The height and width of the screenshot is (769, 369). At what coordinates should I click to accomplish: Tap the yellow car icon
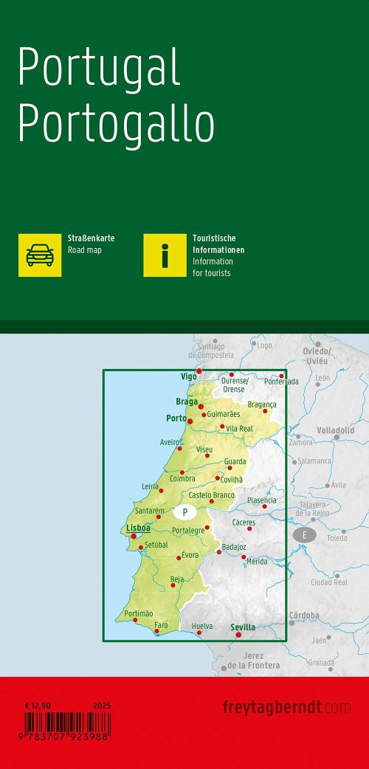pos(40,255)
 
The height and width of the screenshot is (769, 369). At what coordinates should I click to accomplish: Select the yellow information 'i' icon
pos(165,255)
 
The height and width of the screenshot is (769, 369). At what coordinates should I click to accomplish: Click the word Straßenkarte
pos(91,239)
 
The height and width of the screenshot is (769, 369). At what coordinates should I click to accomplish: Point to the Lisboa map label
pos(138,528)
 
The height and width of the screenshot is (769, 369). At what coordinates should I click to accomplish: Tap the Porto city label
pos(176,418)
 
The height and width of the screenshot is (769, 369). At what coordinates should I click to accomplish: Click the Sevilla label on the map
pos(243,627)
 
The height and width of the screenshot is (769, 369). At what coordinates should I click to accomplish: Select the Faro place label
pos(161,625)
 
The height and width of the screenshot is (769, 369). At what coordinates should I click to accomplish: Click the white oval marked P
pos(184,511)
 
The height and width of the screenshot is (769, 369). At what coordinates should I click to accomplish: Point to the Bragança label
pos(262,404)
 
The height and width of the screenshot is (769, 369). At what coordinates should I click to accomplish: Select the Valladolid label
pos(336,430)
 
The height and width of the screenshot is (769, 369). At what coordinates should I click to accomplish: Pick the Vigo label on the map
pos(189,376)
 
